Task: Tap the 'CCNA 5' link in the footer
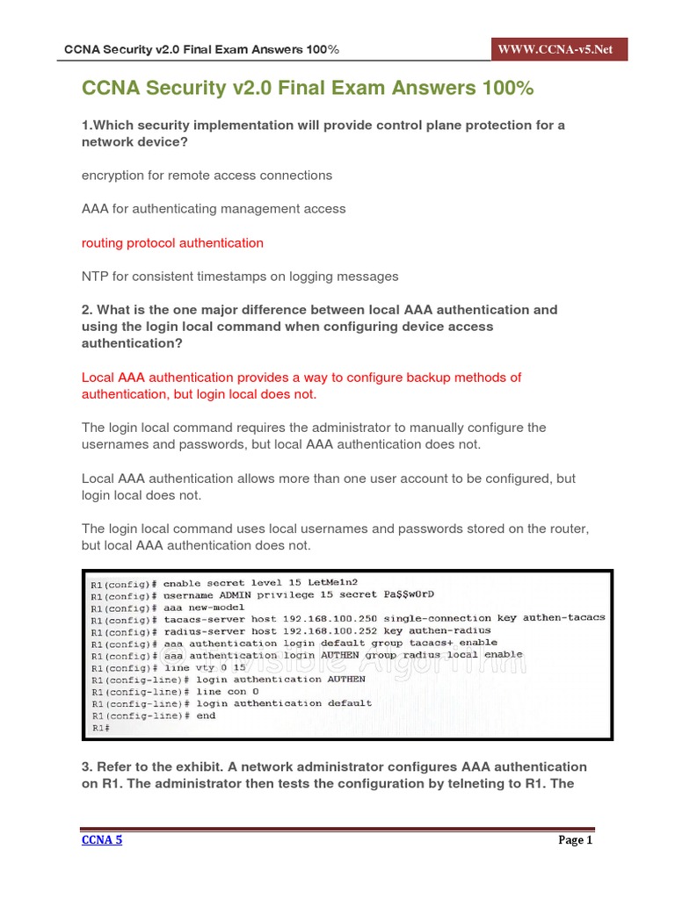102,840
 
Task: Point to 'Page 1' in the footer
576,840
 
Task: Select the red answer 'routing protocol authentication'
172,242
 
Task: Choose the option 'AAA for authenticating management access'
214,209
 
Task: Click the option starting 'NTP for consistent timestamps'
240,277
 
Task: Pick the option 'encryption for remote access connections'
207,176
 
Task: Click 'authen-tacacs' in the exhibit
563,618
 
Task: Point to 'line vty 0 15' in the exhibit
201,667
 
